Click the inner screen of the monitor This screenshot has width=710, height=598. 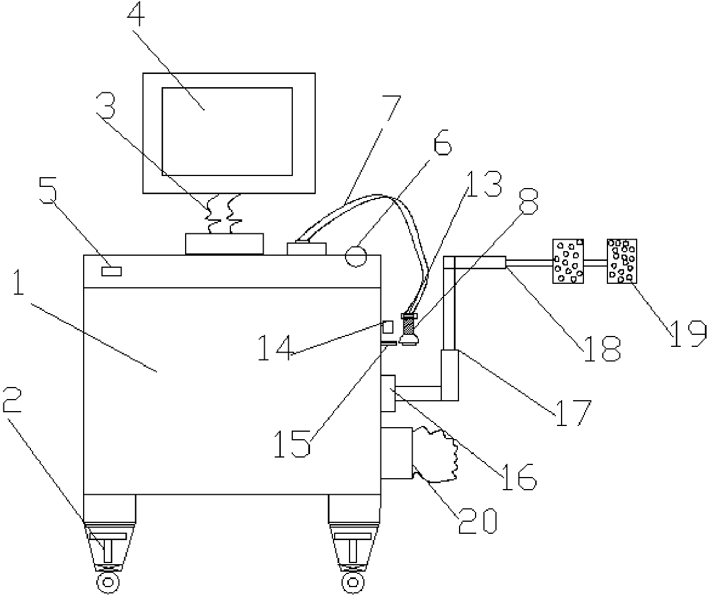click(227, 131)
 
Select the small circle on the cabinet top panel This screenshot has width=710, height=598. click(356, 256)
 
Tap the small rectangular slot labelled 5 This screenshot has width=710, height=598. click(111, 271)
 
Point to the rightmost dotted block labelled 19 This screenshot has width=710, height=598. click(622, 261)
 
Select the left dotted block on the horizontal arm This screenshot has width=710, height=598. click(568, 261)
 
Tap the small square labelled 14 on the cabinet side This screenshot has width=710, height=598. click(388, 327)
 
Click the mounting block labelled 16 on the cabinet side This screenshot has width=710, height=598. click(388, 392)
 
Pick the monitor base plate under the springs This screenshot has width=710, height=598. click(225, 243)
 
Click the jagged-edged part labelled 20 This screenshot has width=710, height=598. click(436, 454)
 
